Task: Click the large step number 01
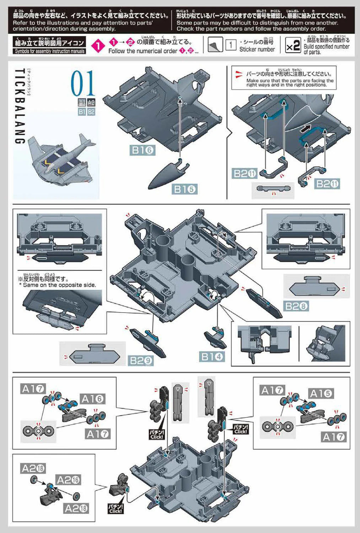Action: tap(83, 83)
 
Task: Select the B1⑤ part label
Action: tap(184, 189)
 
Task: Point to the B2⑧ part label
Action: tap(296, 306)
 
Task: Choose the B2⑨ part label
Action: tap(141, 361)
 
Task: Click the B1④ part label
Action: tap(213, 356)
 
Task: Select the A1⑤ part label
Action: tap(321, 394)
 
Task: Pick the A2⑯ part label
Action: tap(69, 480)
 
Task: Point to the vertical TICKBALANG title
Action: tap(20, 107)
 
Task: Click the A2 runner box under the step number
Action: tap(91, 103)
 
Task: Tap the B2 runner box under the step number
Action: tap(91, 112)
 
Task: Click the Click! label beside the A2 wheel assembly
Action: tap(116, 508)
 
